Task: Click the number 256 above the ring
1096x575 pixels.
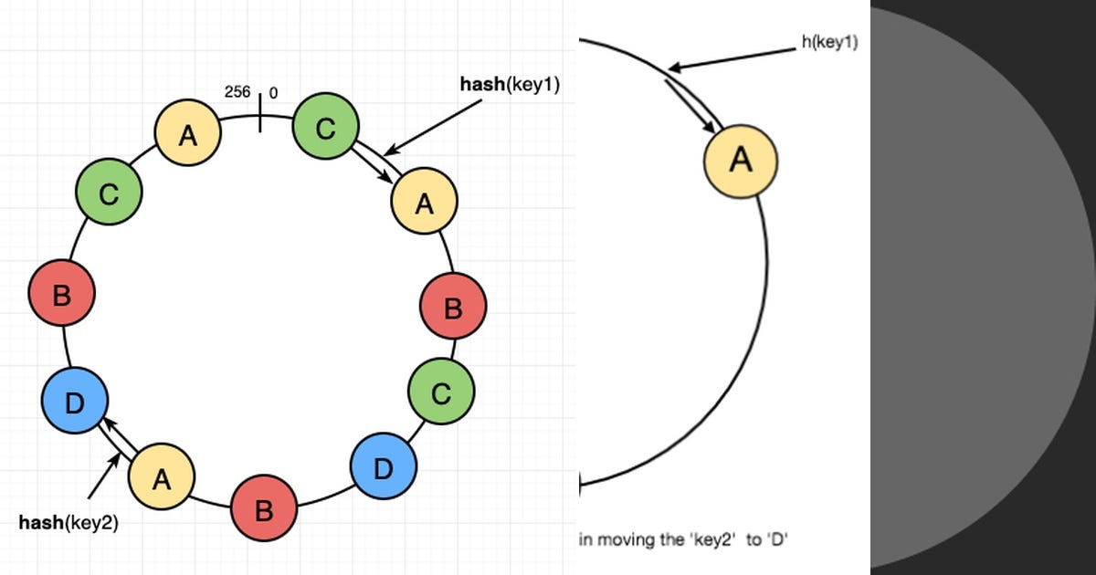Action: tap(237, 92)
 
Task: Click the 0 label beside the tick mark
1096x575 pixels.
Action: tap(274, 93)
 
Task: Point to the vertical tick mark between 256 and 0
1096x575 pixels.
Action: tap(260, 110)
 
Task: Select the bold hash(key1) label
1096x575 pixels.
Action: tap(509, 84)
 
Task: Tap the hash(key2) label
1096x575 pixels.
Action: tap(68, 523)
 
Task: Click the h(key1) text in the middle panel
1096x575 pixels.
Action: tap(828, 41)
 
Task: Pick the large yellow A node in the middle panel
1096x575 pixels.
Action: tap(740, 161)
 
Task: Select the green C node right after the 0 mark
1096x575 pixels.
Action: tap(325, 130)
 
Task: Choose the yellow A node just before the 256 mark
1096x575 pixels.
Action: tap(187, 136)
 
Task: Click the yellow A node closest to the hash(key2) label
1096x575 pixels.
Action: tap(161, 478)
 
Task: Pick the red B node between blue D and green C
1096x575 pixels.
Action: tap(61, 294)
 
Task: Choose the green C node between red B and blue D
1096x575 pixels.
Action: tap(440, 392)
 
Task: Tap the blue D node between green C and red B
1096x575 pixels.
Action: tap(383, 467)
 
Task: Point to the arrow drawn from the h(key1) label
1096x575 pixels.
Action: tap(731, 58)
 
